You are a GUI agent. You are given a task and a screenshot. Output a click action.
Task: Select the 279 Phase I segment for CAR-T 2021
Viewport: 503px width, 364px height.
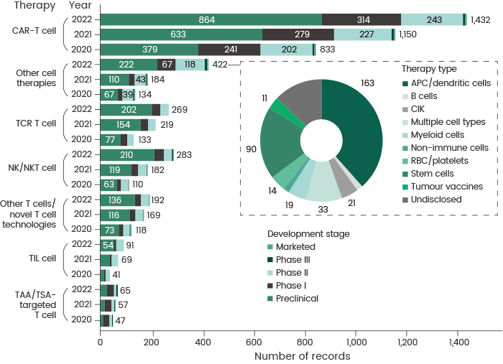coord(297,34)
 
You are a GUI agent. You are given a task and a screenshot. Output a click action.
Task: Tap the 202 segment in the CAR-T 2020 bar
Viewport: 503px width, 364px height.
coord(287,50)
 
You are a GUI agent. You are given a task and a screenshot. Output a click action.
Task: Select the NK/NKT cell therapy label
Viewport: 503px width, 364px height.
coord(35,168)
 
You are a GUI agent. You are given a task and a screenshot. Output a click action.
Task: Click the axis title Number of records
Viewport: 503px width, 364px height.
coord(303,356)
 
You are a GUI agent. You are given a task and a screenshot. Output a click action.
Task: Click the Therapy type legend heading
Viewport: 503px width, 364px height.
coord(429,69)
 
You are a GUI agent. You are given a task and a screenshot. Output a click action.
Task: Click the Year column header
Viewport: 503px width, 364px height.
coord(79,5)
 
